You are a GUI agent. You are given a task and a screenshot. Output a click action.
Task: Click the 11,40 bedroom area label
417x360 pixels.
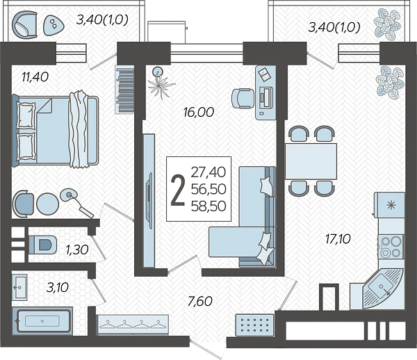point(35,77)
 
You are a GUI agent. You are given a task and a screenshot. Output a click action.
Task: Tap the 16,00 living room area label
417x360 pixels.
point(199,112)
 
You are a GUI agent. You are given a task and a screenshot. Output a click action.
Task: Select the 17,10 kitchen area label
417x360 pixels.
point(338,239)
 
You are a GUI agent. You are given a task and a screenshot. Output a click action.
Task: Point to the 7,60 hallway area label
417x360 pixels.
point(200,301)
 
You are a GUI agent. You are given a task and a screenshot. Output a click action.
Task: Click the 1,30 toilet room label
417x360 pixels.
point(77,249)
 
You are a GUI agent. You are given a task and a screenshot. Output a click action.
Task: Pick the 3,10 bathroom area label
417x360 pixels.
point(58,287)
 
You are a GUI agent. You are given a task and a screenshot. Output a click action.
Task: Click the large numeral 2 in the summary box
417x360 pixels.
point(178,190)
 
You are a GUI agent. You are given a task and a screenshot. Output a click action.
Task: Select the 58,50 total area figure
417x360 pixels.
point(208,206)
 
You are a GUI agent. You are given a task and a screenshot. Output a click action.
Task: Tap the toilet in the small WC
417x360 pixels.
point(42,245)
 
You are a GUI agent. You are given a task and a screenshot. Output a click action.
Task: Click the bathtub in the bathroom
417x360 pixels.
point(42,321)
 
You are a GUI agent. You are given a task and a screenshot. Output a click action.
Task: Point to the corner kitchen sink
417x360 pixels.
point(382,288)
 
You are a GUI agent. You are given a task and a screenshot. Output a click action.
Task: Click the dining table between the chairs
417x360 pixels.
point(311,161)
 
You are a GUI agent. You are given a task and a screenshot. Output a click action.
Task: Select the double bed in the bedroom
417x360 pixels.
point(56,131)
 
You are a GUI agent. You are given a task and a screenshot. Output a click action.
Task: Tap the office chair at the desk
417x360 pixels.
point(243,99)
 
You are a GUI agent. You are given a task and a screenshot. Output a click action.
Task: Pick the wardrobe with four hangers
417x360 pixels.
point(133,325)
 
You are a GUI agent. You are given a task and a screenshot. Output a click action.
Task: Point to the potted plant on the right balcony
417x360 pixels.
point(387,23)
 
